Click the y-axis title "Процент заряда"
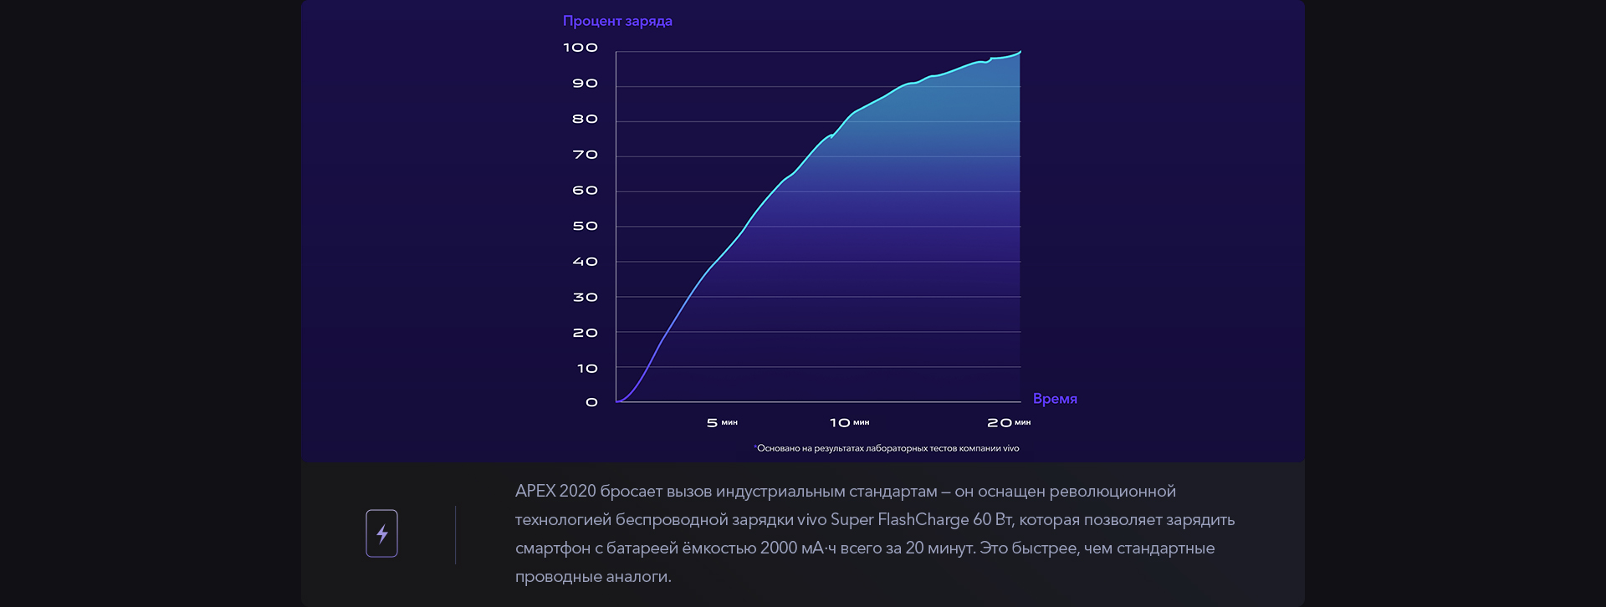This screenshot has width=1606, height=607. (x=617, y=21)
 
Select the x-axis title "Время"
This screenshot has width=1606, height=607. (x=1055, y=399)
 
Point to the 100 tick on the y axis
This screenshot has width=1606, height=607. (x=581, y=48)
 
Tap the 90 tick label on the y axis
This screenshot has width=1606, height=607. (x=585, y=84)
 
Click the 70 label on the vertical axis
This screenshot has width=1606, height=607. (x=585, y=155)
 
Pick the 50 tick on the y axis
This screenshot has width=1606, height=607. (x=585, y=226)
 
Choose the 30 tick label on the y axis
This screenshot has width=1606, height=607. (x=585, y=297)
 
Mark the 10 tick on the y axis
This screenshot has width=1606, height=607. (x=587, y=368)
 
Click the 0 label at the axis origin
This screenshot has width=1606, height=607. (x=591, y=402)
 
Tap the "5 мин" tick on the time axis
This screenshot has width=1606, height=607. (x=722, y=423)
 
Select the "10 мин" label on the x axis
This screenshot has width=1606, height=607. (x=849, y=423)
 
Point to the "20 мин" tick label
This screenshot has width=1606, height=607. (x=1009, y=423)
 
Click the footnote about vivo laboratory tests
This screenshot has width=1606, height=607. (x=887, y=449)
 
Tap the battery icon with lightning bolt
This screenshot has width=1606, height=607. (x=381, y=533)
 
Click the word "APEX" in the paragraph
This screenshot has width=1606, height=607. (x=534, y=492)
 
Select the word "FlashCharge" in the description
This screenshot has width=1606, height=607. (x=923, y=520)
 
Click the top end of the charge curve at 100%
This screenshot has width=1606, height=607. (x=1020, y=53)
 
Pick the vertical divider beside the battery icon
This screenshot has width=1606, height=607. (x=456, y=534)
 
